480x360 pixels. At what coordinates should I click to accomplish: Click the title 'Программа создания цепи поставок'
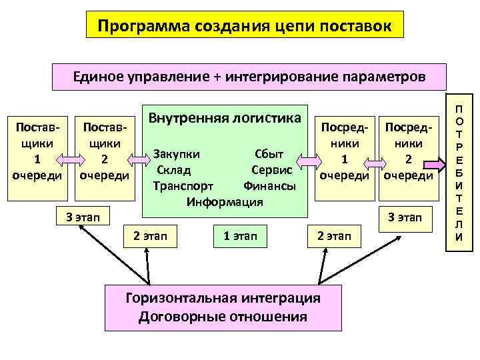pos(241,27)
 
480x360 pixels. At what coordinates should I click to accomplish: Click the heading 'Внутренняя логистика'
pos(225,119)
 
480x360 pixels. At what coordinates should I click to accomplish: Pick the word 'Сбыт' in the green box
pos(269,154)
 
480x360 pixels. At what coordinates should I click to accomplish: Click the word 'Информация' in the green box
pos(225,201)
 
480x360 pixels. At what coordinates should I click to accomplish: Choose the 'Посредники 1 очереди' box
pos(345,151)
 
